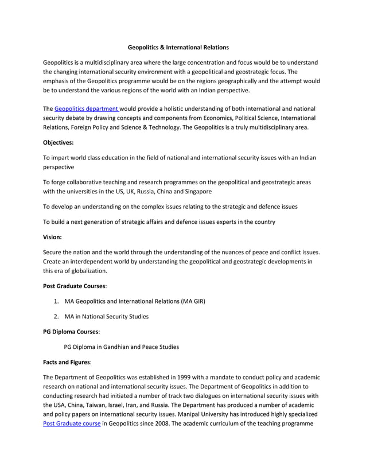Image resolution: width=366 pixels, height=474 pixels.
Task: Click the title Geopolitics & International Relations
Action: pyautogui.click(x=178, y=47)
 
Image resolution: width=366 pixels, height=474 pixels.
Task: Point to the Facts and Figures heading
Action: pyautogui.click(x=67, y=362)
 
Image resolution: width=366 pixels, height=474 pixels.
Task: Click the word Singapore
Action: pyautogui.click(x=196, y=191)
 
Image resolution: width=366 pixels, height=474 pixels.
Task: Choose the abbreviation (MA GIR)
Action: pyautogui.click(x=190, y=301)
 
